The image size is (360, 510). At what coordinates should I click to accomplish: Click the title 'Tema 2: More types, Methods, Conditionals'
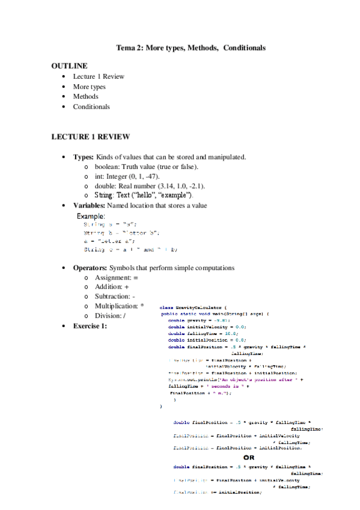[x=191, y=48]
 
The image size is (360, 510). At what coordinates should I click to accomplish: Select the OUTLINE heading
[x=69, y=66]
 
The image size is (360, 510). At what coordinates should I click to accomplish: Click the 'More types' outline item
[x=89, y=87]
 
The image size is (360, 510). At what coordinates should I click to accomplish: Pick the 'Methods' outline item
[x=85, y=96]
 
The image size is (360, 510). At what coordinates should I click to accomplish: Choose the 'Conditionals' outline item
[x=91, y=106]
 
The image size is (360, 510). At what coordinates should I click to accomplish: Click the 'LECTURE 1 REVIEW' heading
[x=90, y=137]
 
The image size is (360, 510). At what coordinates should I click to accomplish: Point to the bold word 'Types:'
[x=84, y=157]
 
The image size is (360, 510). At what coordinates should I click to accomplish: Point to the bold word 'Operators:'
[x=90, y=267]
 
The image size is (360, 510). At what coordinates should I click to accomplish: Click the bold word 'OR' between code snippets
[x=248, y=457]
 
